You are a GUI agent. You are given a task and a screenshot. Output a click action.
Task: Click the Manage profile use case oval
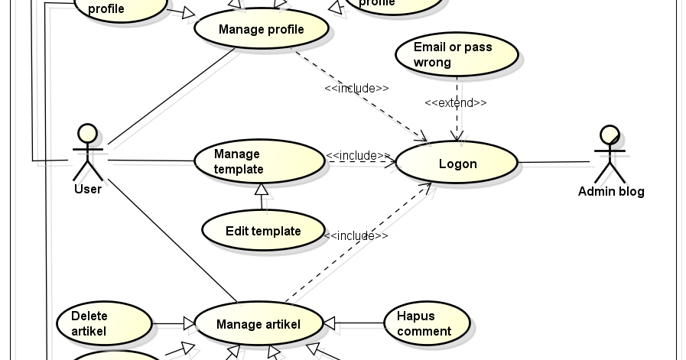261,30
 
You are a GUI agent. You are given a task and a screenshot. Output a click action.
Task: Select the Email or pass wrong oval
457,54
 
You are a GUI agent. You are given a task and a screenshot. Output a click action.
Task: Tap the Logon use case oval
457,164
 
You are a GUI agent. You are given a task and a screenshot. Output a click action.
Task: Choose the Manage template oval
258,161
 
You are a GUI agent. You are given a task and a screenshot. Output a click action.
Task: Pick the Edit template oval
263,231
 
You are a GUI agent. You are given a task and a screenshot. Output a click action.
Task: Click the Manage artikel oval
258,324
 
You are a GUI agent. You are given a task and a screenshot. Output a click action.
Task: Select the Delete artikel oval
104,323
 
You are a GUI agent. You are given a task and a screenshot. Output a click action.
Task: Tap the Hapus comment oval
427,323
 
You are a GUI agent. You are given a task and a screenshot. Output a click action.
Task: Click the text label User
87,189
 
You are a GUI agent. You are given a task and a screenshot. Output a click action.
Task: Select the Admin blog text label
610,191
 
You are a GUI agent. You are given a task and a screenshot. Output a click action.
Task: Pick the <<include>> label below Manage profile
356,88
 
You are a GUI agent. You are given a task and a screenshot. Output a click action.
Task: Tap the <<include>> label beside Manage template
358,155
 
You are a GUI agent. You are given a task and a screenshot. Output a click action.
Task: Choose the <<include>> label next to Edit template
356,235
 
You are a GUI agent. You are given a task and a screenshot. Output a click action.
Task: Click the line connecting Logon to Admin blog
556,162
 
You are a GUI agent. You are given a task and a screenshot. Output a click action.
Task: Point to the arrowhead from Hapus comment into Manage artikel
330,324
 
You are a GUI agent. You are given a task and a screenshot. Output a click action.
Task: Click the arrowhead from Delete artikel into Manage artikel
187,324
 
